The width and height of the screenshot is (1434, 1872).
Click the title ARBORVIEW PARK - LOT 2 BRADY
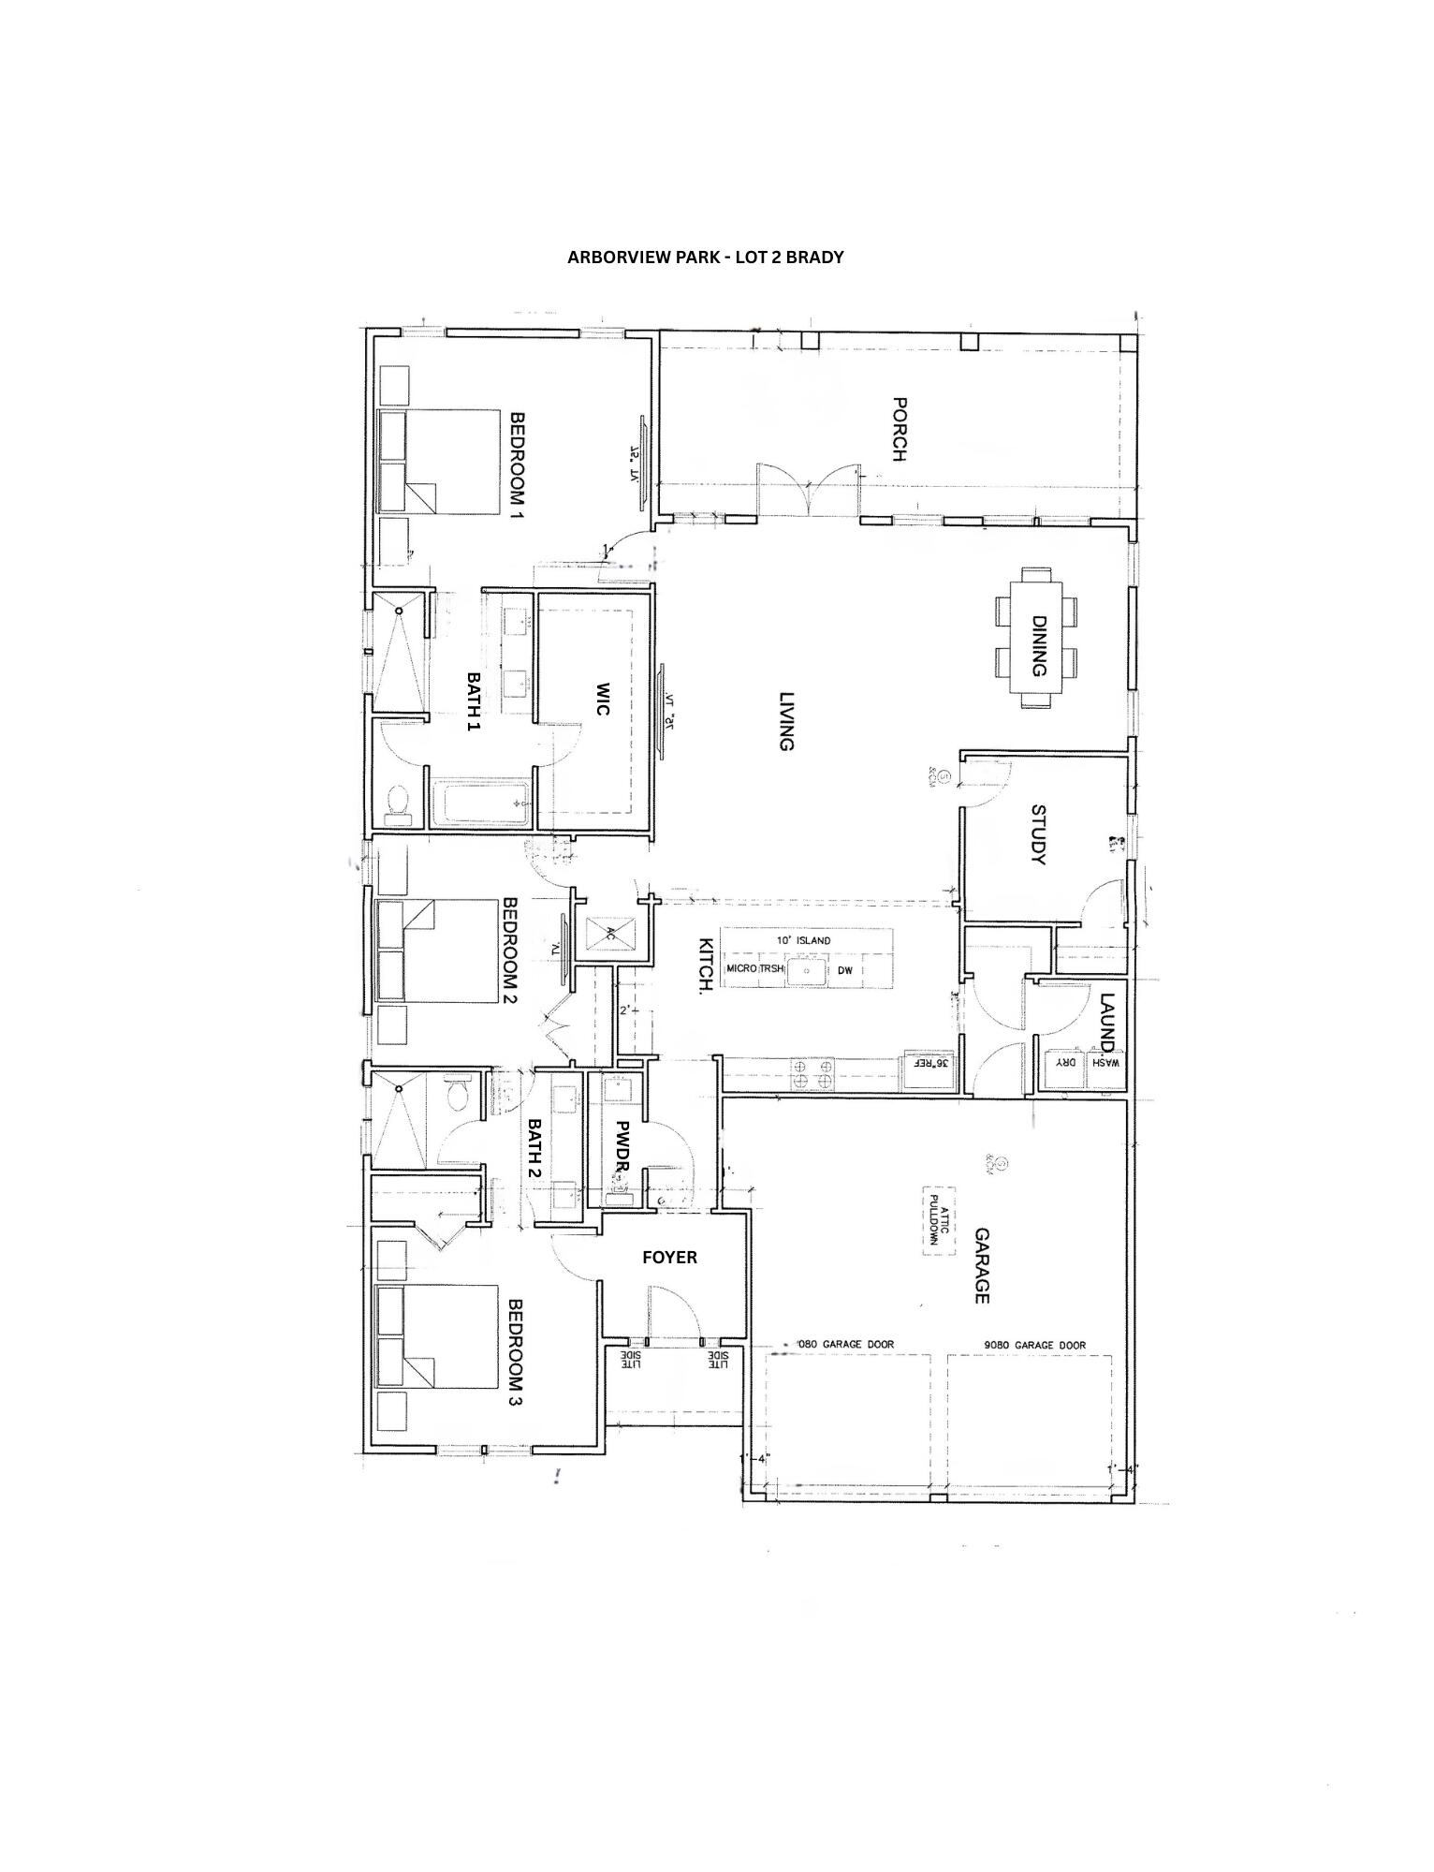[x=705, y=258]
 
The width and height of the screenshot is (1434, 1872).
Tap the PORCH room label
[x=900, y=430]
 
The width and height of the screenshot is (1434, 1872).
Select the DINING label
[x=1038, y=645]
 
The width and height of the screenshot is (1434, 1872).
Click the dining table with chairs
[x=1036, y=637]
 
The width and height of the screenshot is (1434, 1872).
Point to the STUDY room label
[x=1038, y=834]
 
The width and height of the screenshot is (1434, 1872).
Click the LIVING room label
[x=786, y=721]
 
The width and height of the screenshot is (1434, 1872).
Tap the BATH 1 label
[x=474, y=701]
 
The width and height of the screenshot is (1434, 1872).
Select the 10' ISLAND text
[x=803, y=940]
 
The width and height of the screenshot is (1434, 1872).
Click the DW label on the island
[x=845, y=970]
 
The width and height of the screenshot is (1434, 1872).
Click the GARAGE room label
[x=982, y=1265]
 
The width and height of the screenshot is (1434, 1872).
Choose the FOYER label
[x=669, y=1257]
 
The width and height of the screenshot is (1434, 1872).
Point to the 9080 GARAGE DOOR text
[x=1034, y=1345]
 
